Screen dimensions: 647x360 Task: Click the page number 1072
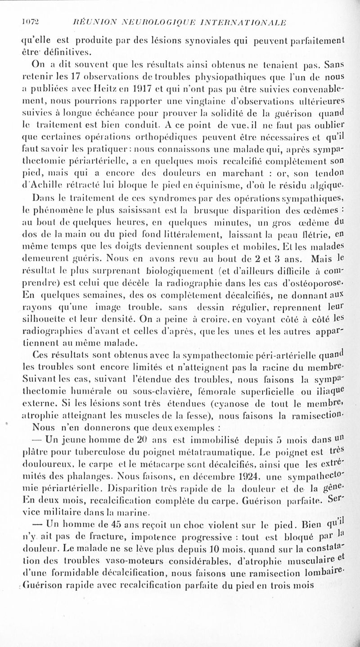[21, 24]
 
